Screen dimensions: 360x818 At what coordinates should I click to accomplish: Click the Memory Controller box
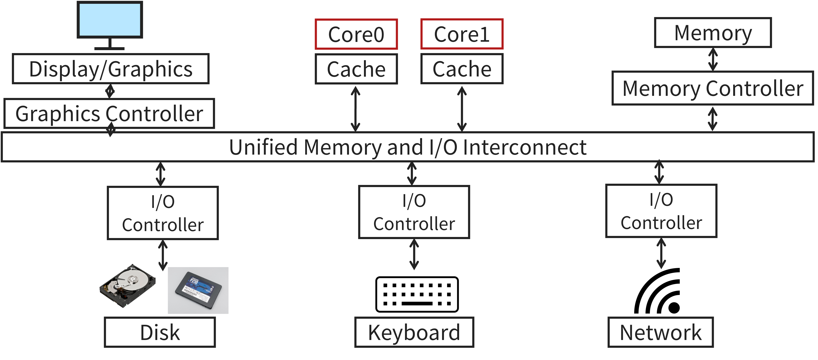(713, 88)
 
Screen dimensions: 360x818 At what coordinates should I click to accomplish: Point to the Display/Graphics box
(111, 69)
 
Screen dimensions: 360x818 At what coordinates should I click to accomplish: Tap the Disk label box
(160, 332)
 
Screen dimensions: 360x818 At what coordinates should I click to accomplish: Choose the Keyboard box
(414, 332)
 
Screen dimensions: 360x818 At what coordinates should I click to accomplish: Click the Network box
(661, 332)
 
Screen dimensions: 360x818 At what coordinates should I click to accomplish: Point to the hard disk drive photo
(127, 286)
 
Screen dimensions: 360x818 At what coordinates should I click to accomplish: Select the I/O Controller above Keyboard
(414, 212)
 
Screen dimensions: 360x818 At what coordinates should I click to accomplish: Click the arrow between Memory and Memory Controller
(713, 59)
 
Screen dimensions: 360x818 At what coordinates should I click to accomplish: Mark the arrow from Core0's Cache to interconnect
(355, 109)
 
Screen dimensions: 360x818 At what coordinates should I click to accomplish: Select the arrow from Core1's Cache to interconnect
(462, 109)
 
